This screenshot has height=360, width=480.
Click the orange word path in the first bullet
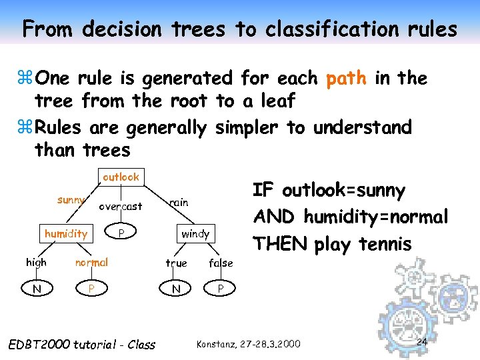[x=346, y=79]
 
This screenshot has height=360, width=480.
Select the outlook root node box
[x=121, y=177]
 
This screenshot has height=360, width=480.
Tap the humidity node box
[x=65, y=233]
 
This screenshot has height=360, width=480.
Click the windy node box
[x=195, y=233]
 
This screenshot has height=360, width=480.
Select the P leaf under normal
[x=91, y=289]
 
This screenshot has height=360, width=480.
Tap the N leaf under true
[x=176, y=289]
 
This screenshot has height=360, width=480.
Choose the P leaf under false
[x=221, y=289]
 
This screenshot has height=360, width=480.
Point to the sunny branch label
[x=71, y=200]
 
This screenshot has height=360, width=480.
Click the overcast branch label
[x=121, y=207]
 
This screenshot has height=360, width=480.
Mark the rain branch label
[x=179, y=202]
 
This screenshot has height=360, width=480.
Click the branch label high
[x=36, y=263]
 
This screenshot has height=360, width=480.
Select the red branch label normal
[x=91, y=263]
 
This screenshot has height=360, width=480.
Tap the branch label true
[x=176, y=263]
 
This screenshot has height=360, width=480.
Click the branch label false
[x=221, y=263]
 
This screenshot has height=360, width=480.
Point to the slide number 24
[x=421, y=342]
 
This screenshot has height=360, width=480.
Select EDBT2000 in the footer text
[x=38, y=345]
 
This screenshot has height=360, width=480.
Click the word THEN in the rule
[x=279, y=244]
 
